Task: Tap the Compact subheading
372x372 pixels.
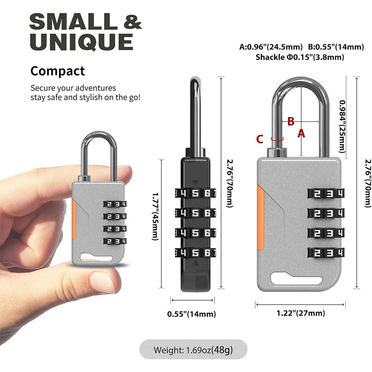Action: pos(58,71)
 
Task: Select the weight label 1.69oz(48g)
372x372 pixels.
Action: pos(193,350)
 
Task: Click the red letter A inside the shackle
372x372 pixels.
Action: pos(301,133)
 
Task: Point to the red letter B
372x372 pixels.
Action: pos(291,121)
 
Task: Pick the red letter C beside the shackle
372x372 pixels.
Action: pos(260,139)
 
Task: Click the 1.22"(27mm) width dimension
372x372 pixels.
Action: pos(300,313)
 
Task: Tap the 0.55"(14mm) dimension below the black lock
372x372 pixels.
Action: pos(192,314)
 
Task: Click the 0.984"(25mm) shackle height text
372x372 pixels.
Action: pos(342,127)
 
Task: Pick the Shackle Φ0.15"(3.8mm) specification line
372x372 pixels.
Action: pos(299,57)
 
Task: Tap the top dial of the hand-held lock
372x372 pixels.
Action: pos(114,204)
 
